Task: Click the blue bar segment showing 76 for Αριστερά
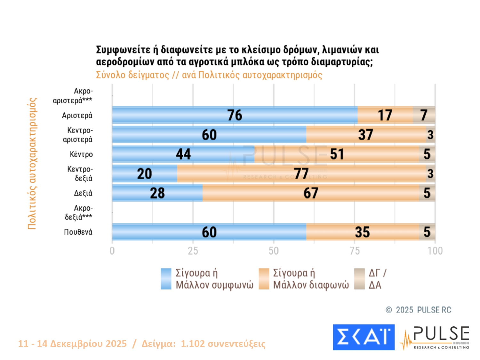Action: point(235,115)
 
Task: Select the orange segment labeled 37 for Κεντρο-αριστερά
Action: point(366,135)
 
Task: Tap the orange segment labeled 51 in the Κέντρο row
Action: point(337,154)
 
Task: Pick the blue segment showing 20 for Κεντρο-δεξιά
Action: point(145,174)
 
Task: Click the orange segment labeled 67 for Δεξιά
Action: point(311,193)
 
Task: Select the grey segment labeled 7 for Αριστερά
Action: point(424,115)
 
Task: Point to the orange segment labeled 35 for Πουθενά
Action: point(362,232)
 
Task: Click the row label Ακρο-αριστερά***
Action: point(73,96)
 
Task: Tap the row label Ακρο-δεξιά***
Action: point(79,212)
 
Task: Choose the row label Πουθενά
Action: point(78,232)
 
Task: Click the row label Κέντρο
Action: point(81,154)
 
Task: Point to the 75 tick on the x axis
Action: point(355,251)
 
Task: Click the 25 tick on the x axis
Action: point(193,251)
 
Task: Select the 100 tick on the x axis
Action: point(435,251)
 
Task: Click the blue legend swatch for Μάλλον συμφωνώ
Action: point(166,279)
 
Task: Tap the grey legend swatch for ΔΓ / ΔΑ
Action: point(360,279)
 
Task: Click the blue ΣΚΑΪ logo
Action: point(364,337)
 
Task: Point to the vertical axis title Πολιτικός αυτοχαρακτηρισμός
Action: point(32,163)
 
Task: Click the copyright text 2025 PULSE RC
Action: point(423,310)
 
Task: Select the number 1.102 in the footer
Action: point(193,344)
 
